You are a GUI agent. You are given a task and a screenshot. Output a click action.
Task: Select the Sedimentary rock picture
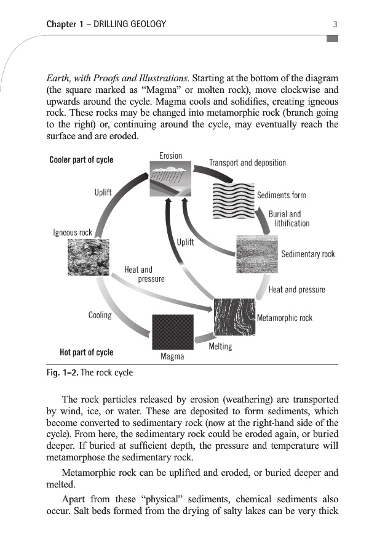256,254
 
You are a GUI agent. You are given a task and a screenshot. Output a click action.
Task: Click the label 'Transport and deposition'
247,163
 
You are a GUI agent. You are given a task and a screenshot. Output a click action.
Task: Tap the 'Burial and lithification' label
288,219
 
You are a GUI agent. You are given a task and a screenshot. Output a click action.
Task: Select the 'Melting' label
220,347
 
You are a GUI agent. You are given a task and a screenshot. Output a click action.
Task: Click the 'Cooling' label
100,315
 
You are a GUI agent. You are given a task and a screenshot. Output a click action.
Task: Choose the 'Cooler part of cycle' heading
81,160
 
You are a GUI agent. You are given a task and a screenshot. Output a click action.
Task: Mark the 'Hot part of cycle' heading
86,353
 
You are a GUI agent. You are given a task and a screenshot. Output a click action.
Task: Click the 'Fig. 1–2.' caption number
61,372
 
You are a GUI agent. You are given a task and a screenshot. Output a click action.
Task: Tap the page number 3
335,25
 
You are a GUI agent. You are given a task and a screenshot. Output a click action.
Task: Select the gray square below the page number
333,39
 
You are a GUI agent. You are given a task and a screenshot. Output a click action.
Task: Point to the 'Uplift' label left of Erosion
103,192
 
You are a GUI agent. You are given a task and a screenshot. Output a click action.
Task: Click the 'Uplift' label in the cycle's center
185,242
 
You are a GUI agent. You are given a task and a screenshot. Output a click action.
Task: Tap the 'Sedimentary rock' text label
307,254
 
